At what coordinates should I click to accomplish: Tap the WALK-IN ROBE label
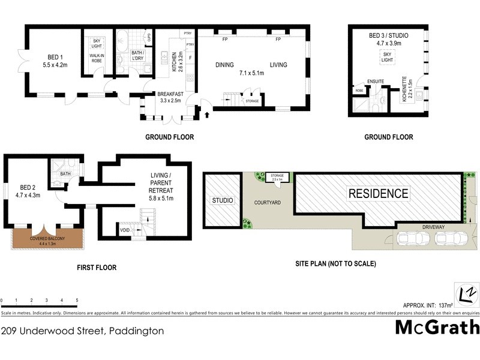click(x=97, y=58)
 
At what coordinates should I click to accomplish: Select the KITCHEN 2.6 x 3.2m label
click(x=175, y=62)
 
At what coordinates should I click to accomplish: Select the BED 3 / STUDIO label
click(x=388, y=39)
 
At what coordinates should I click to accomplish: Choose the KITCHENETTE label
click(x=404, y=91)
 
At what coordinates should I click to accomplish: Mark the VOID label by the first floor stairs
click(x=125, y=229)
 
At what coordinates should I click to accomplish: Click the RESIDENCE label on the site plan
click(x=379, y=194)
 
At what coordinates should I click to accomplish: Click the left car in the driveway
click(x=415, y=239)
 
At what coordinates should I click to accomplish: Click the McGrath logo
click(x=437, y=327)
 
